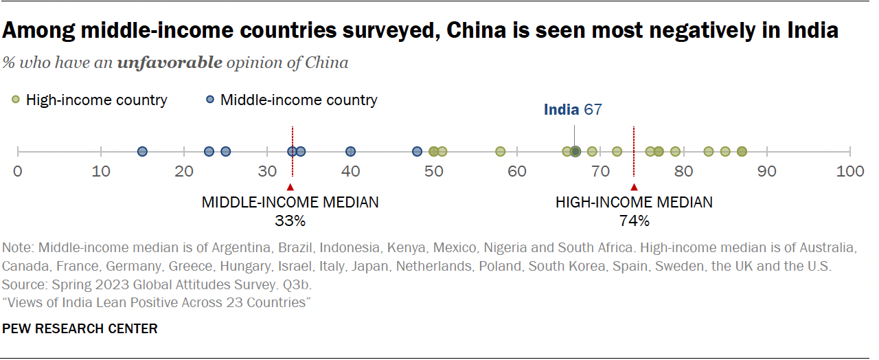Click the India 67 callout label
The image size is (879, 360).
pyautogui.click(x=572, y=109)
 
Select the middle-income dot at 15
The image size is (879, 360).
pyautogui.click(x=142, y=151)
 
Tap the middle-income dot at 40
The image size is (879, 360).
pyautogui.click(x=350, y=151)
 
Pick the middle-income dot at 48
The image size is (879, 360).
pyautogui.click(x=417, y=151)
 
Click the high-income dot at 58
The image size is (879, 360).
pyautogui.click(x=500, y=151)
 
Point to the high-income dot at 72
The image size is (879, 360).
pyautogui.click(x=617, y=151)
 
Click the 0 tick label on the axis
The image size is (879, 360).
pyautogui.click(x=18, y=171)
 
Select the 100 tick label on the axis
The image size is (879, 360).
pyautogui.click(x=850, y=171)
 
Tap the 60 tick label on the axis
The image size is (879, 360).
pyautogui.click(x=516, y=171)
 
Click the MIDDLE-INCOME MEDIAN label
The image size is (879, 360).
pyautogui.click(x=290, y=202)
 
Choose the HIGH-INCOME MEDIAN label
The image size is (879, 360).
pyautogui.click(x=634, y=202)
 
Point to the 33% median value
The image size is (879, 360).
pyautogui.click(x=290, y=221)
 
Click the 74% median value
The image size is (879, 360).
pyautogui.click(x=634, y=221)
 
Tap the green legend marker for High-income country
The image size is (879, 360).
pyautogui.click(x=16, y=100)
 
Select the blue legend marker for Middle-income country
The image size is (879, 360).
pyautogui.click(x=211, y=100)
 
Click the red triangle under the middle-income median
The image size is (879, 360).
pyautogui.click(x=290, y=187)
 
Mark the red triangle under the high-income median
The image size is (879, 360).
pyautogui.click(x=634, y=187)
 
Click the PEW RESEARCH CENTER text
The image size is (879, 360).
pyautogui.click(x=80, y=329)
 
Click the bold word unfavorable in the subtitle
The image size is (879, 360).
pyautogui.click(x=170, y=63)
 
